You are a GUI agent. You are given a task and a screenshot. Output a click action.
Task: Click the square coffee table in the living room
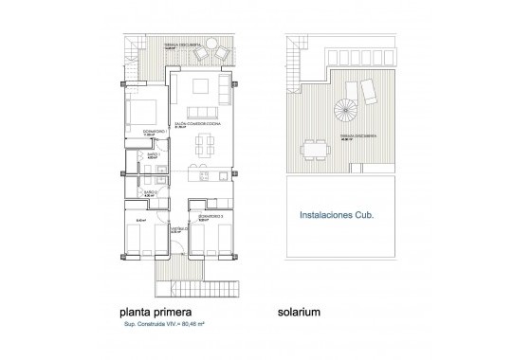[x=201, y=87]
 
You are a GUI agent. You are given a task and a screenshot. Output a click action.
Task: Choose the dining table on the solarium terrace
[x=309, y=149]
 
